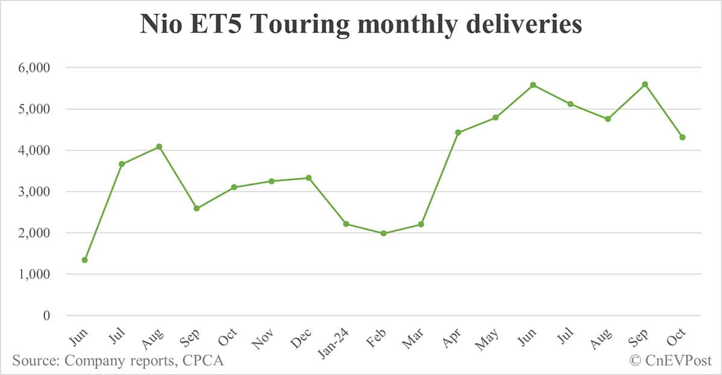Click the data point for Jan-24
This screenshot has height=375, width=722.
(x=346, y=224)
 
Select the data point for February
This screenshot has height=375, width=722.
(x=383, y=233)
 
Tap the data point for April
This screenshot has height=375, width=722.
(x=458, y=132)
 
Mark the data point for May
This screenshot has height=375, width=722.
(x=495, y=117)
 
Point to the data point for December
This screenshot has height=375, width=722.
(x=309, y=178)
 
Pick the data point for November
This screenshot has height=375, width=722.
(x=271, y=181)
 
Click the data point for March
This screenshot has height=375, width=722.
(x=421, y=224)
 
